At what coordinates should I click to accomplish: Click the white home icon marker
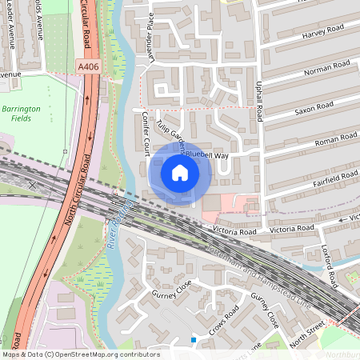(180, 172)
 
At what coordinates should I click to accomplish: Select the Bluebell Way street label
(206, 155)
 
